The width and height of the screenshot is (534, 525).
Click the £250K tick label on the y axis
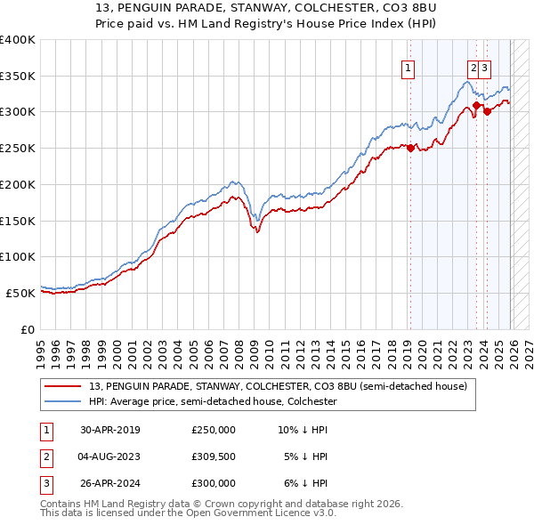(18, 148)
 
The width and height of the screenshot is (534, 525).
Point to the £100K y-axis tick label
(18, 256)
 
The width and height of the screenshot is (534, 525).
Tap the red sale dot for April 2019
(410, 149)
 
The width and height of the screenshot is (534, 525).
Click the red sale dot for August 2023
(476, 105)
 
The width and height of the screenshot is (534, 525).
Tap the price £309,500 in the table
(214, 456)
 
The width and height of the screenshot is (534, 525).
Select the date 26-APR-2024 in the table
(110, 483)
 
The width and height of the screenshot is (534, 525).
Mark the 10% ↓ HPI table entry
(303, 430)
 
